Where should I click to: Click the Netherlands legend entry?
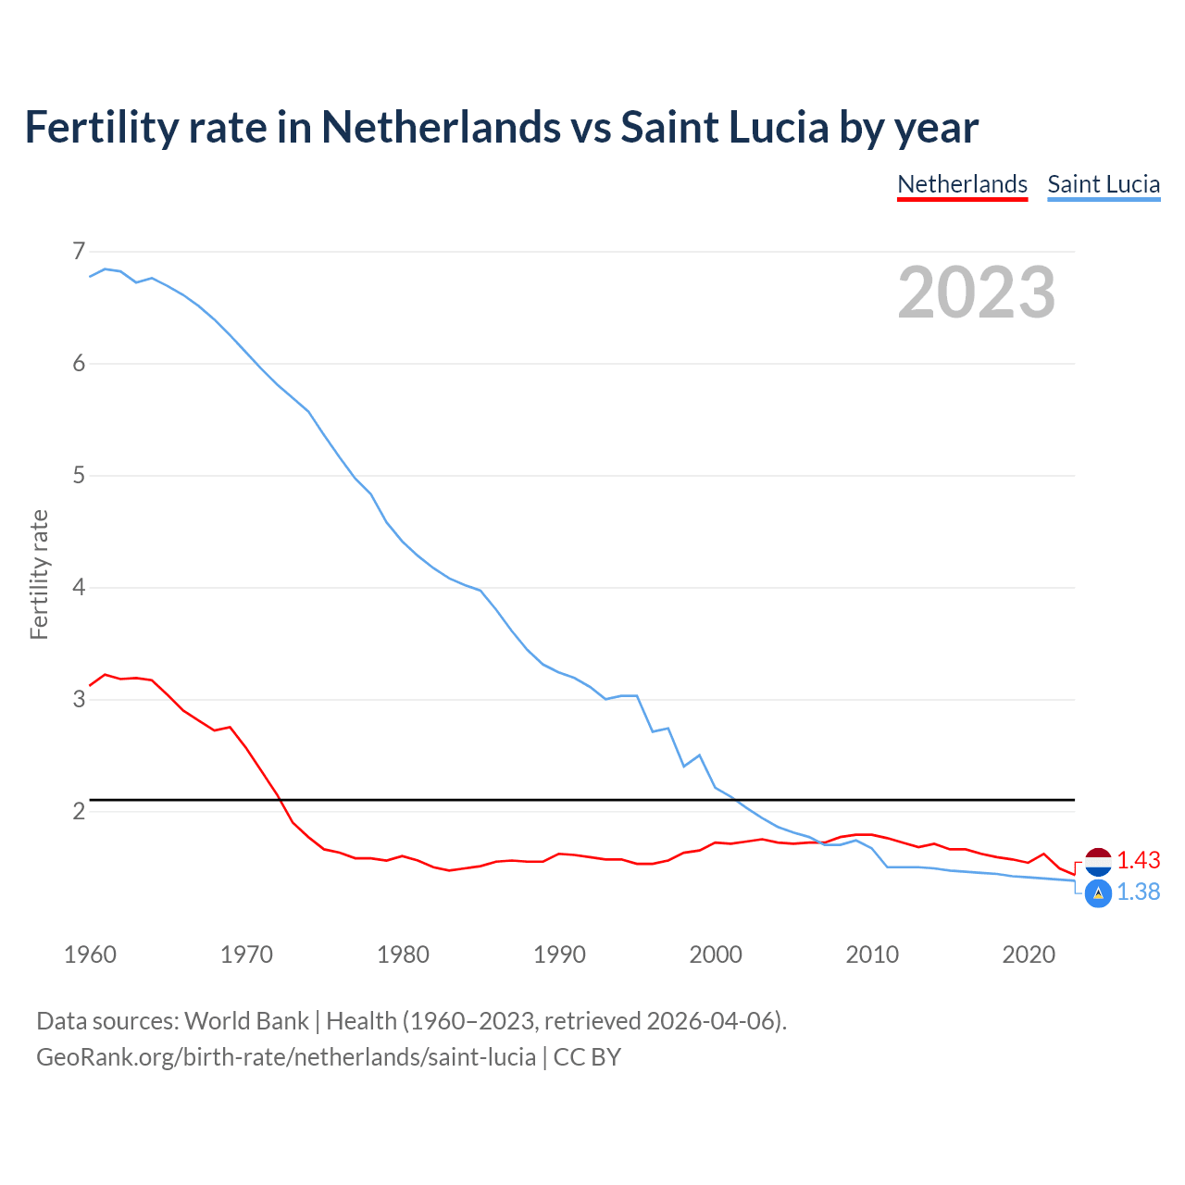click(962, 184)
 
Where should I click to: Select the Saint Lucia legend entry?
click(1104, 184)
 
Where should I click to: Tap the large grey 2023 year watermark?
click(977, 293)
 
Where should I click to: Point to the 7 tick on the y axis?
click(79, 251)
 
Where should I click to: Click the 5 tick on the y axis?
click(79, 476)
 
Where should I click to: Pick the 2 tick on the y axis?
click(79, 812)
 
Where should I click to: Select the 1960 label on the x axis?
click(90, 954)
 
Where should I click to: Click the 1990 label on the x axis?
click(559, 954)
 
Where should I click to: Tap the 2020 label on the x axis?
click(1029, 954)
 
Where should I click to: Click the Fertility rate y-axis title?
click(39, 574)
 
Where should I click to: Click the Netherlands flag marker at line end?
click(1098, 861)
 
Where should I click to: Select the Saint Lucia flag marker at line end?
click(1098, 893)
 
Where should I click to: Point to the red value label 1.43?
click(1139, 861)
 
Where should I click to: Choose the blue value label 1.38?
click(1139, 892)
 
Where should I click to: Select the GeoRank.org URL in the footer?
click(286, 1057)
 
